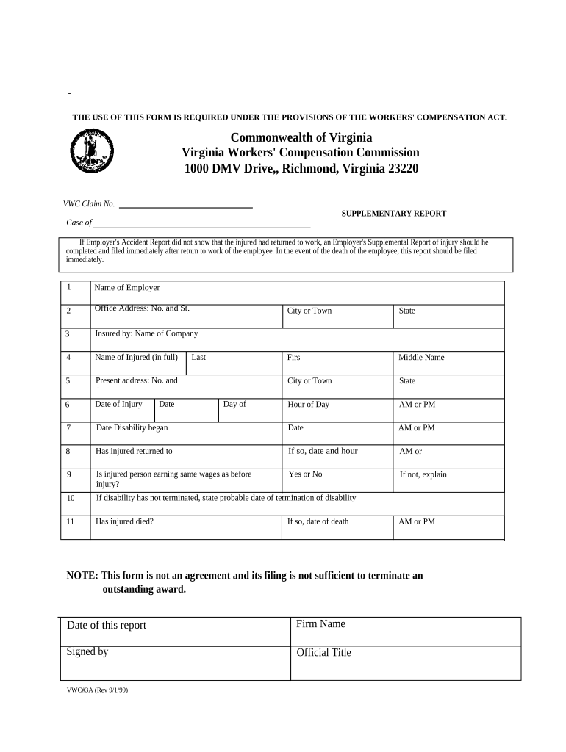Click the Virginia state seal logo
[x=93, y=151]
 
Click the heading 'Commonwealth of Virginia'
[x=301, y=137]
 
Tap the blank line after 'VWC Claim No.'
[x=185, y=206]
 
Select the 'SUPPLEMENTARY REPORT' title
[x=393, y=214]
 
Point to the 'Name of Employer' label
[x=126, y=288]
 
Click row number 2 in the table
[x=68, y=311]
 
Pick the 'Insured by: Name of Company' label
[x=146, y=333]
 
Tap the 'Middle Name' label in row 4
[x=421, y=358]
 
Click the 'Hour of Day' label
[x=308, y=405]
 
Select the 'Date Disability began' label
[x=132, y=427]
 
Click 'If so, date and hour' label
[x=323, y=451]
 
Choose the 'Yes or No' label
[x=305, y=474]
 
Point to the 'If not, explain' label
[x=423, y=474]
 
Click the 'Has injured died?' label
[x=125, y=521]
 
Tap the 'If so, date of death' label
[x=318, y=521]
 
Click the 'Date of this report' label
[x=107, y=625]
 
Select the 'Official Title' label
[x=323, y=652]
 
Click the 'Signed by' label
[x=87, y=651]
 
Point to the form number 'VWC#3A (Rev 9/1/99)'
[x=97, y=690]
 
